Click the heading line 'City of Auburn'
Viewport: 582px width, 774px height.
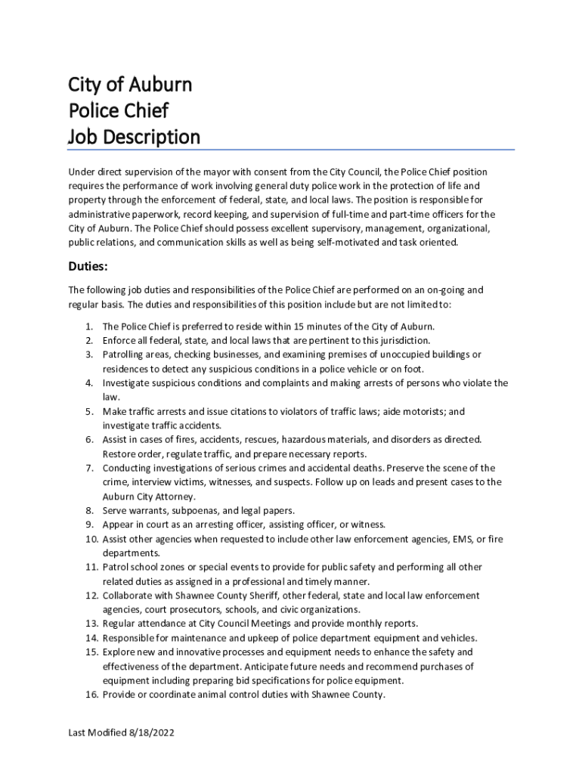[x=130, y=84]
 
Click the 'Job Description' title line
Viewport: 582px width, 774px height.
[x=134, y=138]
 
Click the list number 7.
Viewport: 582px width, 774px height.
[x=88, y=468]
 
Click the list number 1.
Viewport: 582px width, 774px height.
[x=89, y=327]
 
